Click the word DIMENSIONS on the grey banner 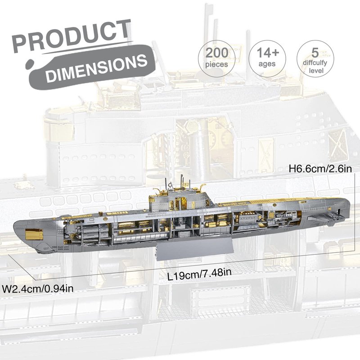(x=97, y=67)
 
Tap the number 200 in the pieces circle (x=217, y=53)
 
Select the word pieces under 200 (x=217, y=64)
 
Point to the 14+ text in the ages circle (x=268, y=53)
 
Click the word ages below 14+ (x=267, y=64)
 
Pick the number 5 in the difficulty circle (x=315, y=53)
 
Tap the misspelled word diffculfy (x=315, y=63)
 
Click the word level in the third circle (x=316, y=70)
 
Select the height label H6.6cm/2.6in (x=320, y=169)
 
